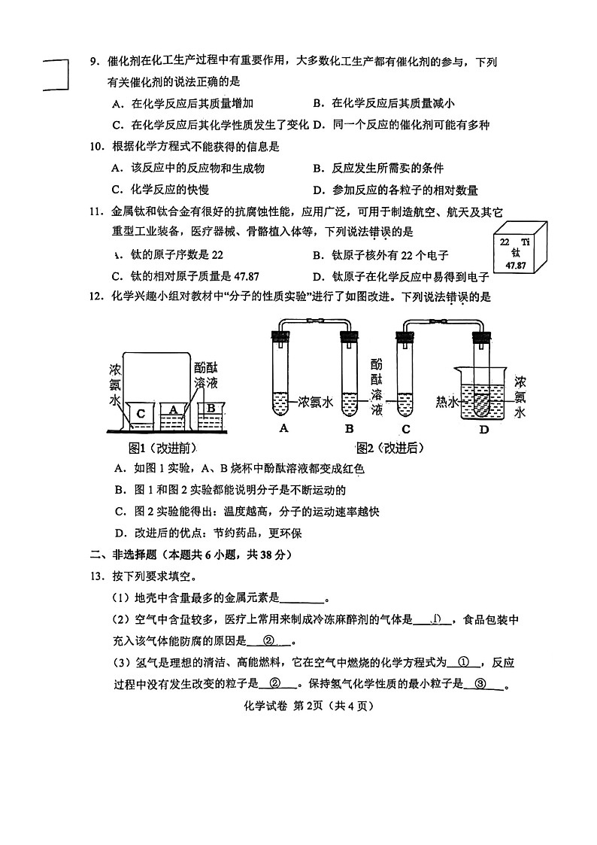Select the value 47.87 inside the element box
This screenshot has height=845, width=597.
pos(515,266)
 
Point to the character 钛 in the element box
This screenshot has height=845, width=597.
pos(515,254)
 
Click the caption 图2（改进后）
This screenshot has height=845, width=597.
pos(390,448)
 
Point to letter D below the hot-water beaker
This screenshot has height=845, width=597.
pos(483,430)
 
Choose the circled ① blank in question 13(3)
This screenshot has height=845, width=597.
pos(463,662)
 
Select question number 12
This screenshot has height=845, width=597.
pos(95,297)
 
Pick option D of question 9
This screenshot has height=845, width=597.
pos(401,125)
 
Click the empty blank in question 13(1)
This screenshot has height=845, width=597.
pos(302,599)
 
